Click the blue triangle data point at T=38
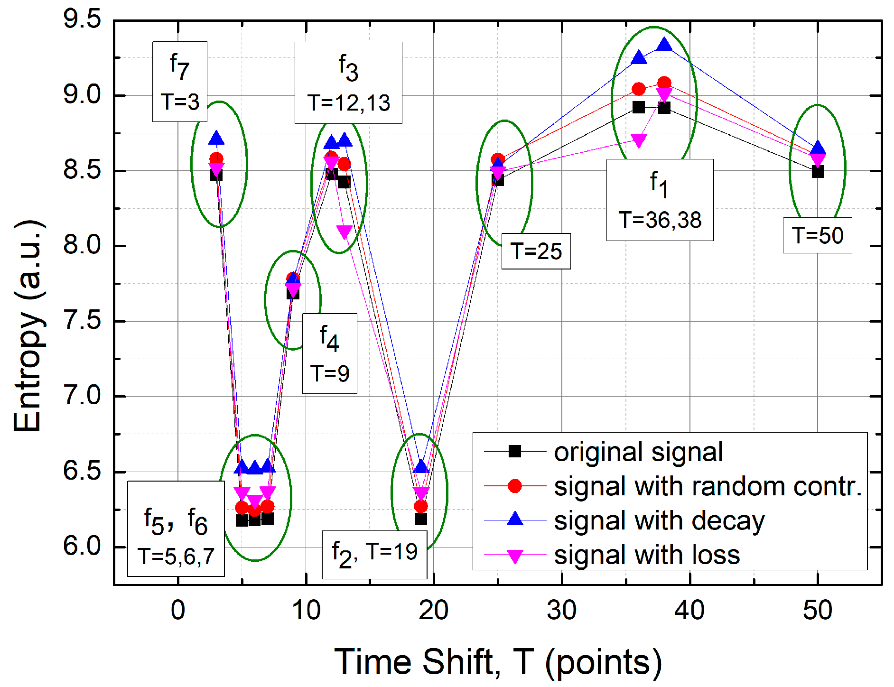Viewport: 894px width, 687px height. click(664, 45)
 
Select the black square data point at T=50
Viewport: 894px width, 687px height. click(818, 172)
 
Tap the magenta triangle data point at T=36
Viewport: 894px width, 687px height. click(639, 141)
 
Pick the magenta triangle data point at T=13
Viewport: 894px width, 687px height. click(345, 232)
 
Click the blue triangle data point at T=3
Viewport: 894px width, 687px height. click(216, 139)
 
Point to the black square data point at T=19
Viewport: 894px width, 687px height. click(420, 519)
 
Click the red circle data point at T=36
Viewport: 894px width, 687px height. click(639, 89)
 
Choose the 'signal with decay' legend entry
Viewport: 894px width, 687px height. click(659, 520)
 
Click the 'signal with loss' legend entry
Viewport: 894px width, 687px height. click(647, 555)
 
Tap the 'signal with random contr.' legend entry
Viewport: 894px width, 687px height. click(708, 486)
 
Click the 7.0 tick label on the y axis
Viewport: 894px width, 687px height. click(82, 396)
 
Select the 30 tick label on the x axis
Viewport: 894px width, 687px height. click(562, 611)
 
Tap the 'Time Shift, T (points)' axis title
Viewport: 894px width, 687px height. click(498, 661)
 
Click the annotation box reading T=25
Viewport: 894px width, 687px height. click(536, 251)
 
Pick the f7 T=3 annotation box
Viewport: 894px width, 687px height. click(180, 82)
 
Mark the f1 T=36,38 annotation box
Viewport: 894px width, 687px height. click(660, 200)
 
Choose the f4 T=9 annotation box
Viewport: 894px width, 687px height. click(330, 353)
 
